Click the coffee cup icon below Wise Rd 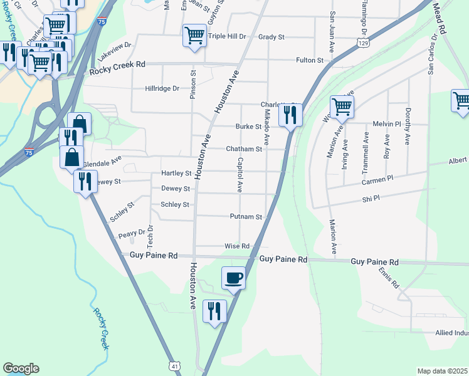[233, 277]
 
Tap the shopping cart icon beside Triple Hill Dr [194, 35]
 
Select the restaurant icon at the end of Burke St [290, 115]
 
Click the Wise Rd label [238, 246]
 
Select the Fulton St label [310, 61]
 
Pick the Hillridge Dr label [162, 89]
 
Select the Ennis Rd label [388, 277]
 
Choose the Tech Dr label [150, 234]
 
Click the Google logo [21, 368]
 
